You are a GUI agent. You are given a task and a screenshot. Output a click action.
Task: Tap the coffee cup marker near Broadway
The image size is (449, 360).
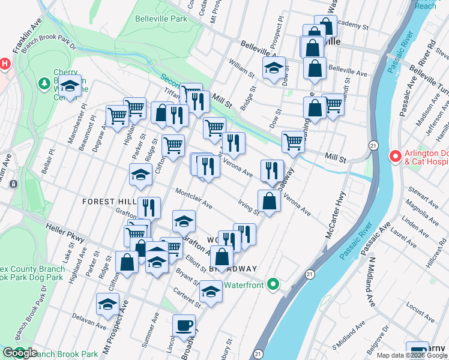184,326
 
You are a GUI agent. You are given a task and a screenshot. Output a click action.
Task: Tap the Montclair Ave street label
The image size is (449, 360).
194,199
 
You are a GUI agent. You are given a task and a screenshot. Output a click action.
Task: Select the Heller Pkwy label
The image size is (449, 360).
65,233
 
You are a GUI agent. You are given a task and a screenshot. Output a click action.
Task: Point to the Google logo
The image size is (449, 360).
20,353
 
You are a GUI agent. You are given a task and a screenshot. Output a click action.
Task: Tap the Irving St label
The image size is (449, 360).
248,206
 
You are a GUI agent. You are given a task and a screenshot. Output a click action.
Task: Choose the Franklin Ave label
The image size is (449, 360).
26,35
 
